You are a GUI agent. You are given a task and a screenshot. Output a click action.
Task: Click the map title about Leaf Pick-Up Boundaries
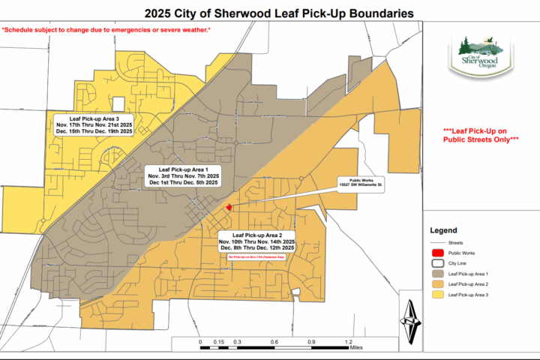[x=270, y=13]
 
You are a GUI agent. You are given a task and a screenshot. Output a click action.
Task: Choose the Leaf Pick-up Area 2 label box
[x=257, y=243]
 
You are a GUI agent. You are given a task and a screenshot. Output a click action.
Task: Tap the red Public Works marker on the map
[x=229, y=208]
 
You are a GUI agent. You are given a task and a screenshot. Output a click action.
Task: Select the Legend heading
[x=442, y=230]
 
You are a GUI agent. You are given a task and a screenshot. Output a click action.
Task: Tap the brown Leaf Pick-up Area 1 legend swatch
[x=436, y=275]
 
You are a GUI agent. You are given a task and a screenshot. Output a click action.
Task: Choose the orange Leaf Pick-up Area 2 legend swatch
[x=436, y=286]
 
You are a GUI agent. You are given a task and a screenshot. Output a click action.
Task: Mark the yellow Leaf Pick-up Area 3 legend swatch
[x=436, y=296]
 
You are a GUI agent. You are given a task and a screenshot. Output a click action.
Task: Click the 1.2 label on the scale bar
[x=348, y=342]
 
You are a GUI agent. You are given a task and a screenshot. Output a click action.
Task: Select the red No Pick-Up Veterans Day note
[x=257, y=256]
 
